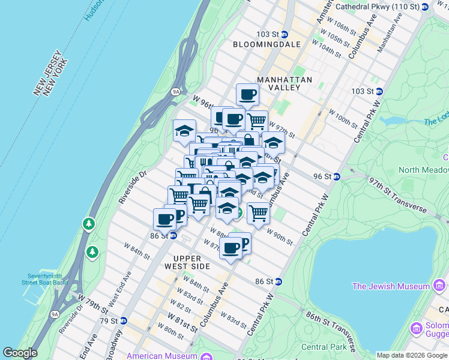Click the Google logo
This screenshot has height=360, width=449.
20,353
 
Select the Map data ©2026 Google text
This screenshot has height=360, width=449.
411,355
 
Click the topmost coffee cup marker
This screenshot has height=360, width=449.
247,94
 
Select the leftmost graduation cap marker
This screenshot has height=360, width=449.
185,130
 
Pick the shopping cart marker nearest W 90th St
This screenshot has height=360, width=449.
258,212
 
